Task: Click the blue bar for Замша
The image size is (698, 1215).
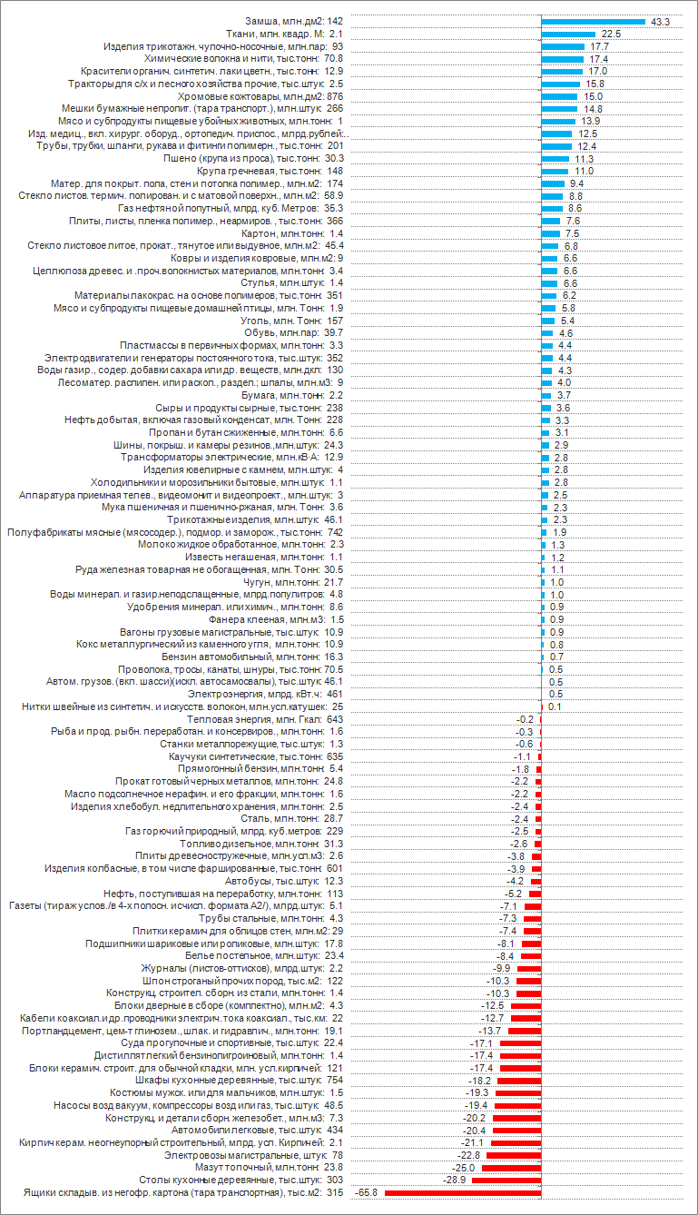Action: coord(593,21)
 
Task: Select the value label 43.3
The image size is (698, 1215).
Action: coord(658,21)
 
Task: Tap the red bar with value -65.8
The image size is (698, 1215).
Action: coord(463,1191)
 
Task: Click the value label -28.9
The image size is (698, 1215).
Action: coord(453,1180)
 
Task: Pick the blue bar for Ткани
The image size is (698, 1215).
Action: coord(568,34)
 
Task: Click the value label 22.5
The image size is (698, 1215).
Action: coord(610,34)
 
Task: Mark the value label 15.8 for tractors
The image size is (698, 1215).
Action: coord(595,84)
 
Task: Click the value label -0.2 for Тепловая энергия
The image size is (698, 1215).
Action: coord(524,719)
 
